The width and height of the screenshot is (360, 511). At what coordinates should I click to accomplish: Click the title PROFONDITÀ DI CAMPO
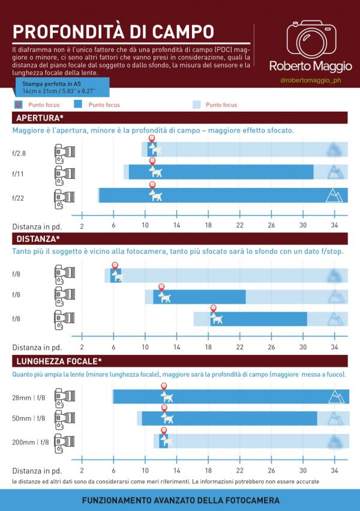pos(113,31)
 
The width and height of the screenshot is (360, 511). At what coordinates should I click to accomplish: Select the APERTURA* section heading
pos(40,117)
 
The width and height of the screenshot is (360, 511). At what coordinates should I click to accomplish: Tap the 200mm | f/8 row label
pos(28,443)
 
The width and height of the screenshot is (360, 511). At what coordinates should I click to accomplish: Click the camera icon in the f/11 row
pos(64,173)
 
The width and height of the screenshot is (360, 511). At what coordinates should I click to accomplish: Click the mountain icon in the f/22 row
pos(334,195)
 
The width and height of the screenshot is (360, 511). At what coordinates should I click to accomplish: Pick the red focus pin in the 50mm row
pos(164,408)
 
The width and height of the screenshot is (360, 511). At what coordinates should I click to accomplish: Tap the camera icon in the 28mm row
pos(64,397)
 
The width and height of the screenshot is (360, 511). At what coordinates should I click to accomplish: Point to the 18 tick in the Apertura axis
pos(208,225)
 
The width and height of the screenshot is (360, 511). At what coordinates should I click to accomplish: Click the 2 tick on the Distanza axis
pos(82,346)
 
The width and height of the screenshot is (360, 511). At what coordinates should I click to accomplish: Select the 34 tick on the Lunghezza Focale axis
pos(334,470)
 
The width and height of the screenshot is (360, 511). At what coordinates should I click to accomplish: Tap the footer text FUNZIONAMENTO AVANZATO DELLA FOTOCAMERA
pos(180,500)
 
